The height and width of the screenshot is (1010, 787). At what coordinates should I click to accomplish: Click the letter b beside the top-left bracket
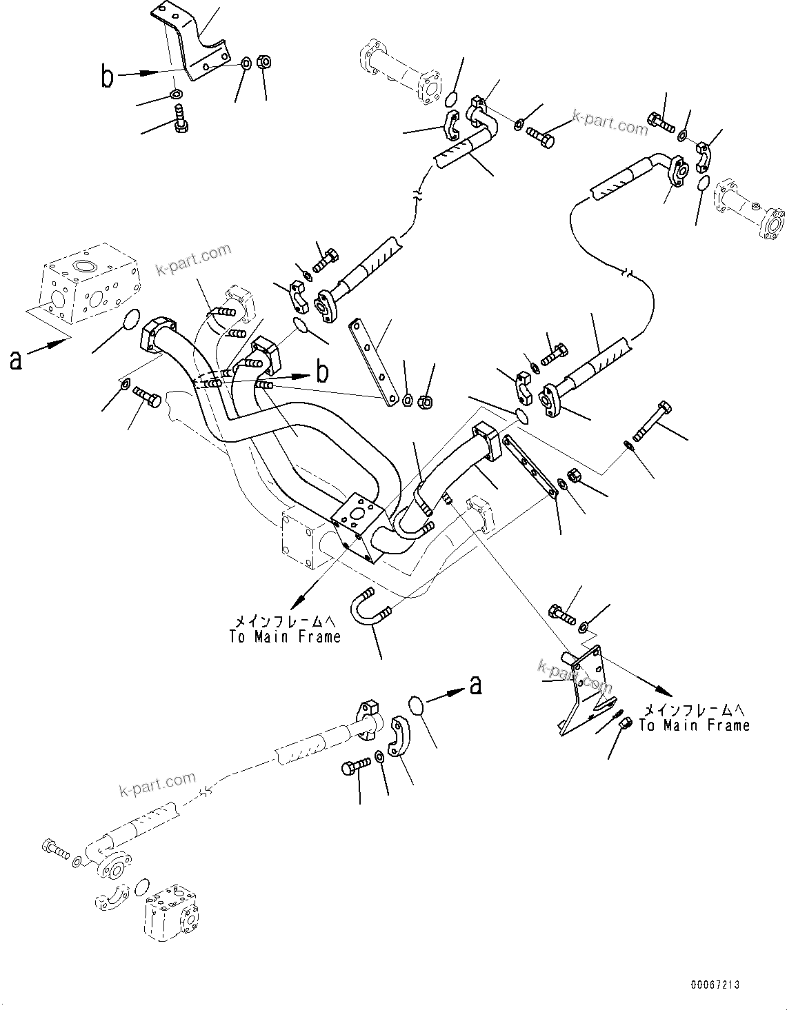click(107, 76)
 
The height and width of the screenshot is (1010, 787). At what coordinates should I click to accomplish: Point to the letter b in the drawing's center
click(321, 372)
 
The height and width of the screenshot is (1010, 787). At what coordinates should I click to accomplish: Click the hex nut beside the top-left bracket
click(264, 62)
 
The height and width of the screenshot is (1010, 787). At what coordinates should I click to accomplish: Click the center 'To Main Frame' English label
click(285, 636)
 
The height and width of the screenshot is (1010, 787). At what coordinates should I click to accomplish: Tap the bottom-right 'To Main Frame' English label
click(694, 725)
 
